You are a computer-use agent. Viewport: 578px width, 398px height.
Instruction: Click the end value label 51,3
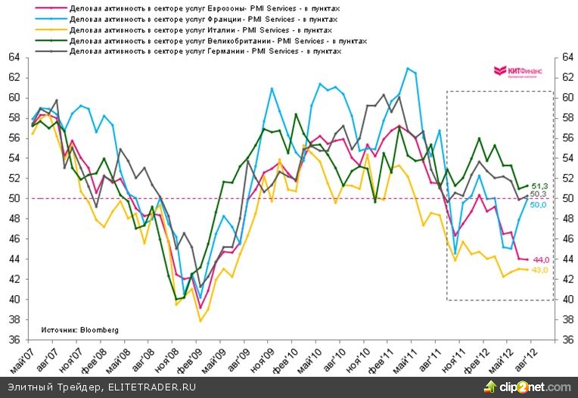pos(539,185)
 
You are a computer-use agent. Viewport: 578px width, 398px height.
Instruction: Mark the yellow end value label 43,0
pos(539,270)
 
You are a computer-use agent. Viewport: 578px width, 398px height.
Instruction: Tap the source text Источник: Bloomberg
pos(75,330)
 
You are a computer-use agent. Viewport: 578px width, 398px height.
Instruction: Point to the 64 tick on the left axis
pos(14,58)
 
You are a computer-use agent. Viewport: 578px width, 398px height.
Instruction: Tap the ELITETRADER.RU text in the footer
pos(151,387)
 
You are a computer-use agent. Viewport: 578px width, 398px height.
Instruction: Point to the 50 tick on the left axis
pos(14,199)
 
